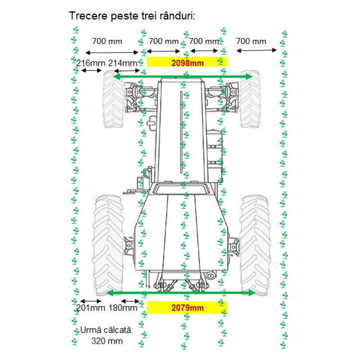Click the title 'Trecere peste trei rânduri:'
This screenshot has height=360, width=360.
132,16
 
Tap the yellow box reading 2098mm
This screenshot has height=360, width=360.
187,62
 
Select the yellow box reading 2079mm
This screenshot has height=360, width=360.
187,307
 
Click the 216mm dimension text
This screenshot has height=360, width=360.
91,63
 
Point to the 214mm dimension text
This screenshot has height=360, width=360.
123,63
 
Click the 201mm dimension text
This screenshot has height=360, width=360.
91,308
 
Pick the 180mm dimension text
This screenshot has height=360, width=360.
123,308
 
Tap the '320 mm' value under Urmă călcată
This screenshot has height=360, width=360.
107,341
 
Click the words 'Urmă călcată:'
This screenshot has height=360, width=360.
107,330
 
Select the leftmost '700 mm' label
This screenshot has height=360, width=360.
107,41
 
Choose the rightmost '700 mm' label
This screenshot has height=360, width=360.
251,41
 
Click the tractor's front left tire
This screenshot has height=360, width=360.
113,99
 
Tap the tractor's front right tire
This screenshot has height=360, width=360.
251,99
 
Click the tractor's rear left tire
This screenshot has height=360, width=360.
108,245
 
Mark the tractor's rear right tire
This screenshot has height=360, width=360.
255,245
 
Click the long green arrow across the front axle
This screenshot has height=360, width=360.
183,76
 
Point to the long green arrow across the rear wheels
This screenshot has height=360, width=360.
181,292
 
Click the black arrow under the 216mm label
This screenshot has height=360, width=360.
91,71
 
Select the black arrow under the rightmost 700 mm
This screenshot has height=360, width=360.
256,50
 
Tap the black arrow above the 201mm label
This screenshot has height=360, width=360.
91,301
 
